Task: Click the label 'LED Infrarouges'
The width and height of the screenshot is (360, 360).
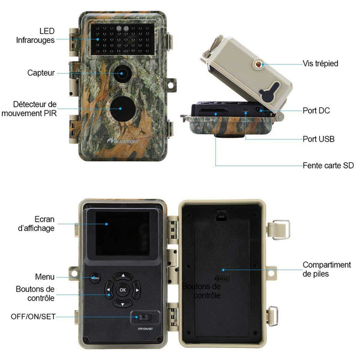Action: [35, 35]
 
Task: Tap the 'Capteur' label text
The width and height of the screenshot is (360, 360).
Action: [41, 73]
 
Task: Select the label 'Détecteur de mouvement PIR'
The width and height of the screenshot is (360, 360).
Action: [29, 109]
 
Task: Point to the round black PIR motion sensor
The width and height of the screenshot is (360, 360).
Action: [123, 109]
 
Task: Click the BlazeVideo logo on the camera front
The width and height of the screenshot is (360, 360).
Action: [123, 141]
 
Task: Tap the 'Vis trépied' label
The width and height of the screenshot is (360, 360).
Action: [320, 63]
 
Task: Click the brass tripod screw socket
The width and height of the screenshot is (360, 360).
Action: [258, 64]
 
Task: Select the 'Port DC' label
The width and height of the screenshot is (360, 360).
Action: [316, 110]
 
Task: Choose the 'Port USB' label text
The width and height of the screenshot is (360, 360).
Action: [318, 139]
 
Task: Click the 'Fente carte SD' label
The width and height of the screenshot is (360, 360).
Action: [328, 165]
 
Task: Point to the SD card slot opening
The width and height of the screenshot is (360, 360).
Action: [213, 110]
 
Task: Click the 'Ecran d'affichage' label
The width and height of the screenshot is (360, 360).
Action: [36, 223]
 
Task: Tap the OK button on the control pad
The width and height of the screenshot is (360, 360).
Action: [123, 290]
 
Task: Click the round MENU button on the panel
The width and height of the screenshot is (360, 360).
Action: [95, 278]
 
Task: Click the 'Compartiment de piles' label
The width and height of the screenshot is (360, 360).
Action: [327, 269]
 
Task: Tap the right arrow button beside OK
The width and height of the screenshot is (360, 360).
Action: [137, 290]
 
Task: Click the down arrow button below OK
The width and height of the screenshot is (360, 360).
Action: [123, 303]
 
